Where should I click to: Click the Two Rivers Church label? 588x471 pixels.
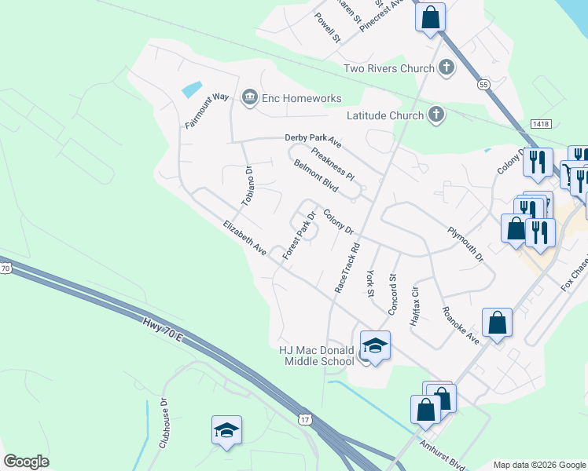coord(389,68)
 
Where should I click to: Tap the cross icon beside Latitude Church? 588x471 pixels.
coord(436,115)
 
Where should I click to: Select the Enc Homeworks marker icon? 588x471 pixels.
coord(250,97)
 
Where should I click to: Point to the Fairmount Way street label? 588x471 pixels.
coord(206,111)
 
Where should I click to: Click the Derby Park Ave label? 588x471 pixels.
coord(313,141)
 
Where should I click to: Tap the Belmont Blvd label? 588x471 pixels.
coord(315,177)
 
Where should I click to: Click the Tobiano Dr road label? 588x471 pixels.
coord(248,186)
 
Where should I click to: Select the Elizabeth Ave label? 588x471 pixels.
coord(244,236)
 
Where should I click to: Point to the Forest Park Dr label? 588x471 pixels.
coord(300,235)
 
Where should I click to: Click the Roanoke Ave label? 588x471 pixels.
coord(461,325)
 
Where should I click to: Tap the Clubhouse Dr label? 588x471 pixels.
coord(164,423)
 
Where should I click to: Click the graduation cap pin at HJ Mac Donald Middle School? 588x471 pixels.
coord(375,345)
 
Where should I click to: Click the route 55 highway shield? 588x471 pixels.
coord(483,83)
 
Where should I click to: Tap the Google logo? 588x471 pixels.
coord(27,462)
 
